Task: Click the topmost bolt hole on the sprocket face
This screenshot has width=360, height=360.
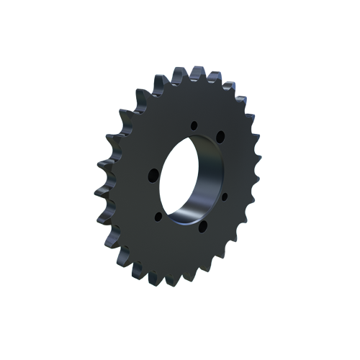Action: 194,126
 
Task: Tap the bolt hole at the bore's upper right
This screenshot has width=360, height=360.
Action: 220,137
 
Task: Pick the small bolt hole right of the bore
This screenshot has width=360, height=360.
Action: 225,194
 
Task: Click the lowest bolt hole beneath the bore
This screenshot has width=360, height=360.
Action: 202,227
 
